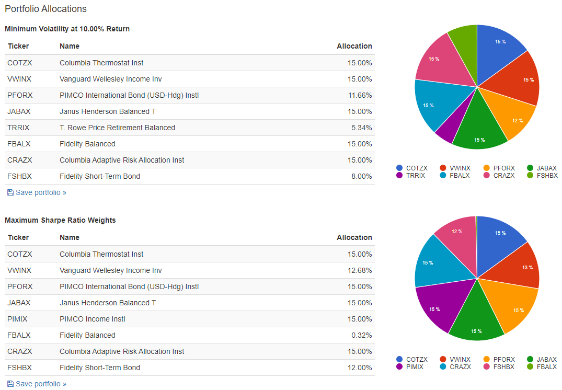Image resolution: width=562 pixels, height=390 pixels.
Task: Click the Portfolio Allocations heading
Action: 45,9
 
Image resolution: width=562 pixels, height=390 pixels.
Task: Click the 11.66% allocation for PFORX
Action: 361,95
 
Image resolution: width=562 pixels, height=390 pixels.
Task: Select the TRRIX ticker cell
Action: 19,128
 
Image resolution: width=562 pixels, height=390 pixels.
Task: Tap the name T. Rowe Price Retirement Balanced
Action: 117,128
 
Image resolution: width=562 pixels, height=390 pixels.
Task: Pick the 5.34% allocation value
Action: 362,128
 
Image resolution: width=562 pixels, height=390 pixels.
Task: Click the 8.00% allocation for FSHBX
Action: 362,176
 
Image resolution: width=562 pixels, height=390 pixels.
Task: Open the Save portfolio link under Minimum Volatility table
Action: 40,192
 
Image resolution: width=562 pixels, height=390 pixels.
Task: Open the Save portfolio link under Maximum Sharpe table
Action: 40,384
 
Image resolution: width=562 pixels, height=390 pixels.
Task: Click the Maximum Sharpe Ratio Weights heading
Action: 60,220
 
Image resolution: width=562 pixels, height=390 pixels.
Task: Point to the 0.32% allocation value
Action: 362,335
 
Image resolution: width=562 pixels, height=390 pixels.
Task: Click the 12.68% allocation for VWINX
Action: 361,270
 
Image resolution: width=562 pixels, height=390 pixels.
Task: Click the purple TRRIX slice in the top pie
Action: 446,132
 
